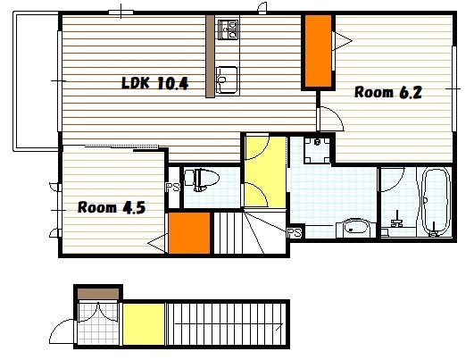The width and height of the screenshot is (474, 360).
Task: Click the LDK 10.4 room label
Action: [154, 83]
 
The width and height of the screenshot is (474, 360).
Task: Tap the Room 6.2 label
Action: [387, 92]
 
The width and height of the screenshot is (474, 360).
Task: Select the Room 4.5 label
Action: [112, 207]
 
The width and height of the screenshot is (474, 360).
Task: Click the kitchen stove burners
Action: [228, 29]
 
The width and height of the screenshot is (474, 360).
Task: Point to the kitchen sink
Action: [227, 80]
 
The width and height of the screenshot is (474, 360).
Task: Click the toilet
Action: [202, 180]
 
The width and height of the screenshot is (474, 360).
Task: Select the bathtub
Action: [434, 202]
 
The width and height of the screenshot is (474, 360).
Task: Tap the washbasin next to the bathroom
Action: [355, 228]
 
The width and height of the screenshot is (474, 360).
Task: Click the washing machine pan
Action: [317, 150]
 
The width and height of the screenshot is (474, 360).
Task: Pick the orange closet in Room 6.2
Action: [318, 51]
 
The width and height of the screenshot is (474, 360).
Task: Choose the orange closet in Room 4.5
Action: [189, 233]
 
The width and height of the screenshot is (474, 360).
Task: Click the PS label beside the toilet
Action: [173, 188]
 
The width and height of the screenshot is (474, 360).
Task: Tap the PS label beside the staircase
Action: [295, 232]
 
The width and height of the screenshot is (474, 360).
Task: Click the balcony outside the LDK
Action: [36, 81]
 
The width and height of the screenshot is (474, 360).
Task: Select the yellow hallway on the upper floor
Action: [265, 172]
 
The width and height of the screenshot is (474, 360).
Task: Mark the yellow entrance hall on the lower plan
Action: [144, 324]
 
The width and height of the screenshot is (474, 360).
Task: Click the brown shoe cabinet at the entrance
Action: [98, 294]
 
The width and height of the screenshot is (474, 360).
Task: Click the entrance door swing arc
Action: [62, 331]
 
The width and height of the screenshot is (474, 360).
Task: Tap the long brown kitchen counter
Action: [210, 56]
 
